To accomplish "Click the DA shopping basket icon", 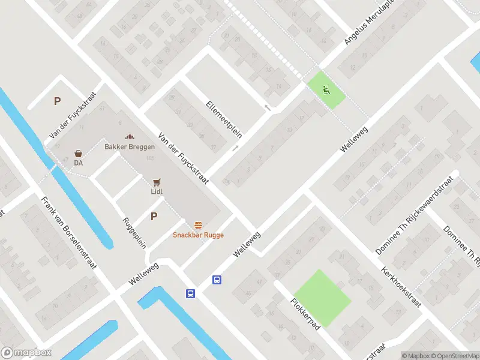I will pos(78,154).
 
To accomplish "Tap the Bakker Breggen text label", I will pos(130,147).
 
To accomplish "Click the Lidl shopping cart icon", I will pos(157,182).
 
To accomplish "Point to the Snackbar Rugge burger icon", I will pos(198,225).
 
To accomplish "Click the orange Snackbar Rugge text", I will pos(198,235).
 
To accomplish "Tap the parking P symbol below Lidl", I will pos(154,217).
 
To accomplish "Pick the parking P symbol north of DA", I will pos(57,101).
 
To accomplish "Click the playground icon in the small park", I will pos(326,91).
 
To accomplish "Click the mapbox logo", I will pos(26,353).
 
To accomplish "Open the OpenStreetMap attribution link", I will pos(454,356).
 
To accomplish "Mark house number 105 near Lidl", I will pos(149,158).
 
